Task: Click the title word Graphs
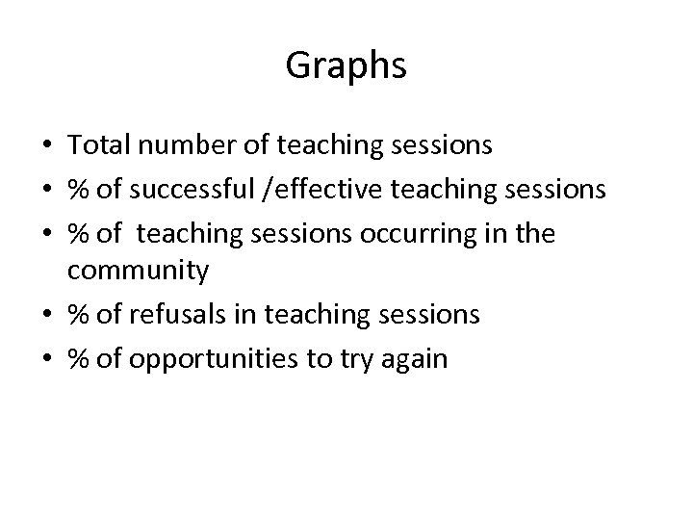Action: click(x=346, y=66)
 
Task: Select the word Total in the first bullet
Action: click(x=94, y=146)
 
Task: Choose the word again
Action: click(x=417, y=358)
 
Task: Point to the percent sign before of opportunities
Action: click(x=77, y=358)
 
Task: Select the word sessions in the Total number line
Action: click(x=446, y=146)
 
